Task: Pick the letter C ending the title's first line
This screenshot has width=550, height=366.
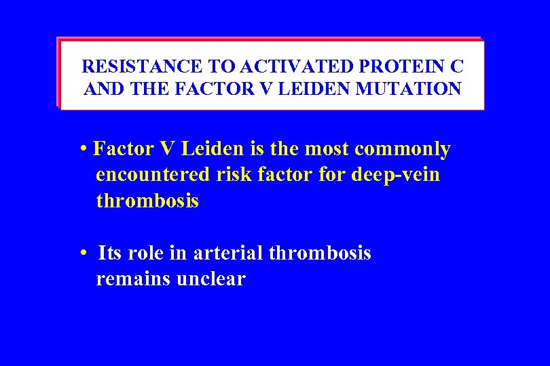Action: tap(458, 67)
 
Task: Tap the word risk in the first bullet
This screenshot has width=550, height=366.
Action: tap(233, 175)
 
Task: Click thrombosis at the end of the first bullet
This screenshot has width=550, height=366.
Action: tap(147, 201)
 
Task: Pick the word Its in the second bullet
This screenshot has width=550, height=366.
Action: tap(110, 253)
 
